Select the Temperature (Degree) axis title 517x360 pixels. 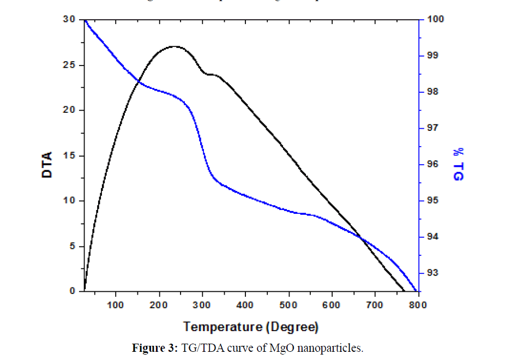pos(251,327)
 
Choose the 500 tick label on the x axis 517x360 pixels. pos(288,304)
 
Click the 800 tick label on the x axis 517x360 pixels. pos(418,304)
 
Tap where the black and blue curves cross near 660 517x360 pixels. pos(361,236)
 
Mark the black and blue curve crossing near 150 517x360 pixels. pos(139,82)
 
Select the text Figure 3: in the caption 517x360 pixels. pos(152,348)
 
